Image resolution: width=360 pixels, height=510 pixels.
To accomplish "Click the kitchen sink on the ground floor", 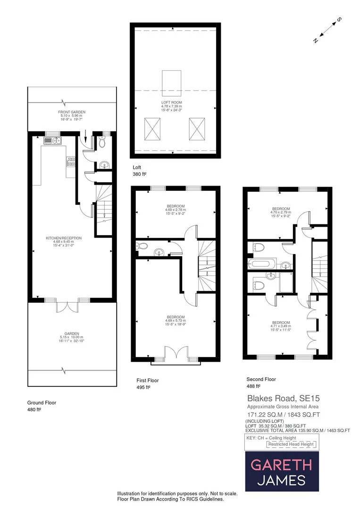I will [x=52, y=140].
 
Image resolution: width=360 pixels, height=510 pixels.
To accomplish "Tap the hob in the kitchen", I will [x=71, y=162].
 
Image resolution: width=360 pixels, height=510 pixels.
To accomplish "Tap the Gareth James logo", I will [x=281, y=471].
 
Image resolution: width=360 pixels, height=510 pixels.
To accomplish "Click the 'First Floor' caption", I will [x=147, y=380].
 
